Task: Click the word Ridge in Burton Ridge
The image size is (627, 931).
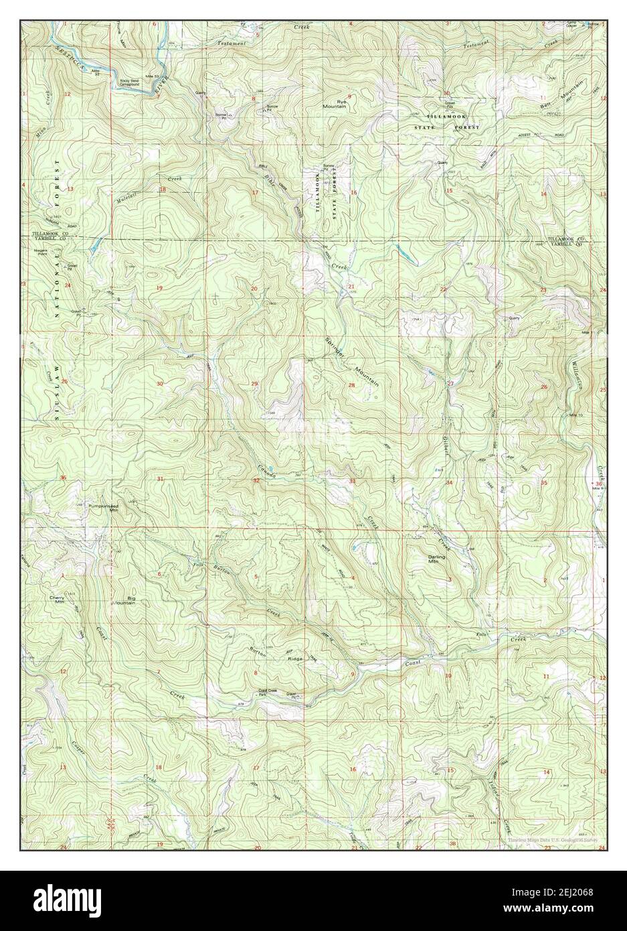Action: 295,659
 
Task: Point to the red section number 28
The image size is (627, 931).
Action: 351,385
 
